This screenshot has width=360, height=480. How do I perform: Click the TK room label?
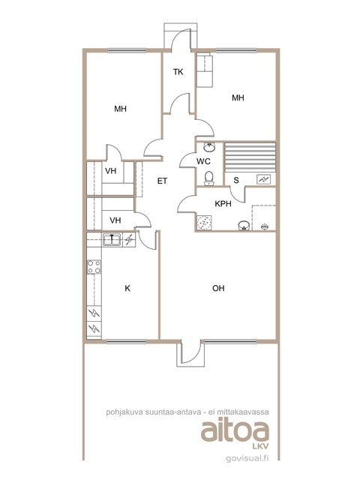tap(178, 72)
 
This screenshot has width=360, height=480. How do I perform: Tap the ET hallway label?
tap(162, 181)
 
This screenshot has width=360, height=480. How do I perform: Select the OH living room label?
tap(218, 288)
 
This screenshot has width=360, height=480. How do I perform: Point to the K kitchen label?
tap(127, 288)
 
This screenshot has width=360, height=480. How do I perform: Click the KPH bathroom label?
tap(223, 203)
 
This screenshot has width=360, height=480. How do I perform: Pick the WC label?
tap(203, 161)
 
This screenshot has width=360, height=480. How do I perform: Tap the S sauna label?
tap(236, 180)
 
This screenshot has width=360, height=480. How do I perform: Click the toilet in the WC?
tap(209, 178)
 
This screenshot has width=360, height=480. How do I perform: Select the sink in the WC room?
tap(209, 147)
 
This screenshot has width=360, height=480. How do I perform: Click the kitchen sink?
tap(112, 240)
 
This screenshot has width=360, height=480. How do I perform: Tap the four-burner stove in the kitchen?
tap(94, 267)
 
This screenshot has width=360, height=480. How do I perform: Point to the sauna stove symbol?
tap(263, 179)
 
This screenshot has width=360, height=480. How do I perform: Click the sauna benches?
tap(250, 157)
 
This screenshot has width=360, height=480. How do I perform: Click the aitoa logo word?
tap(235, 430)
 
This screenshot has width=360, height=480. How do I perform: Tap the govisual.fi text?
tap(247, 458)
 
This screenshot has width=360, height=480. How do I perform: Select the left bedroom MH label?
tap(120, 109)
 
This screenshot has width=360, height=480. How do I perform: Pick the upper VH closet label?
tap(110, 171)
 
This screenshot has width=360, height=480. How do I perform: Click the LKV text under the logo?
tap(261, 446)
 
